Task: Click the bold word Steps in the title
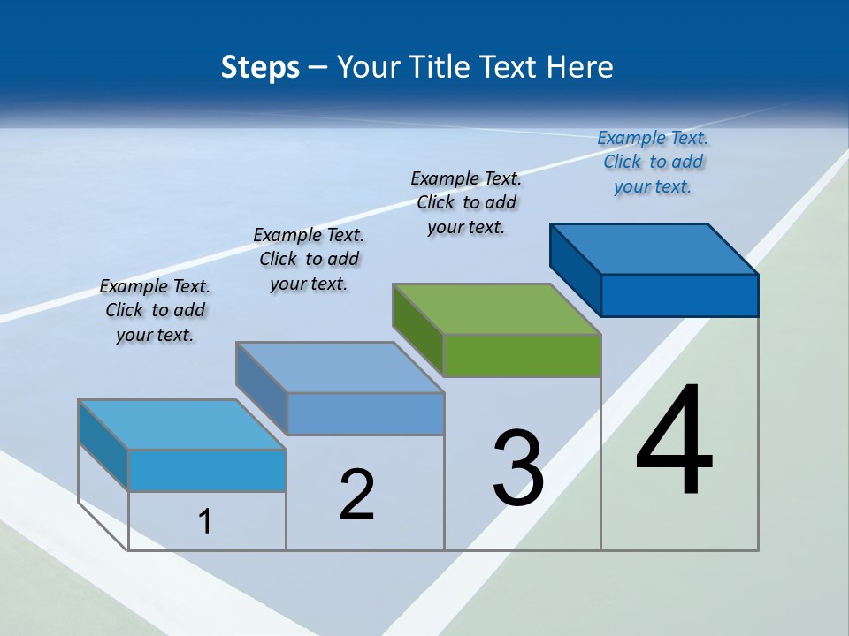[x=260, y=67]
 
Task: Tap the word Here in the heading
[x=580, y=67]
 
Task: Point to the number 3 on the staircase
[x=518, y=468]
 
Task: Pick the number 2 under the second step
[x=356, y=495]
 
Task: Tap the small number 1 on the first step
[x=205, y=522]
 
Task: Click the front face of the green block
[x=522, y=356]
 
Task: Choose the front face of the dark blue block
[x=679, y=295]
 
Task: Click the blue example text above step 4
[x=653, y=163]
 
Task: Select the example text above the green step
[x=466, y=203]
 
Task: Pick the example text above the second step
[x=309, y=259]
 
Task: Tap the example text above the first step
[x=155, y=310]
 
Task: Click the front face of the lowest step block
[x=207, y=470]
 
